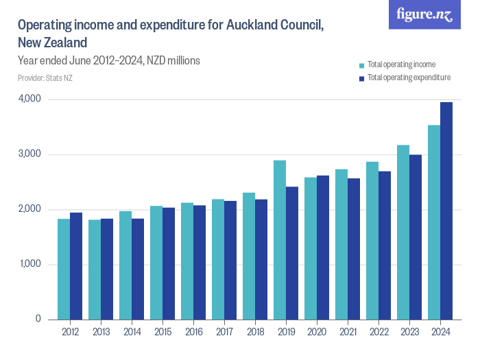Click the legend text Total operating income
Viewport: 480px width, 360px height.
click(401, 65)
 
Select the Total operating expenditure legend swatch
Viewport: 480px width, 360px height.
click(361, 78)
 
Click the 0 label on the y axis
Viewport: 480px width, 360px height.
click(38, 319)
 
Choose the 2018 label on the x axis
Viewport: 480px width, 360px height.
click(255, 333)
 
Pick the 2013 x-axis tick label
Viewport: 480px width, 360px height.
click(101, 333)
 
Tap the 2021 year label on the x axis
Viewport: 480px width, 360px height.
click(348, 333)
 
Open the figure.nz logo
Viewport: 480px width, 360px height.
click(424, 14)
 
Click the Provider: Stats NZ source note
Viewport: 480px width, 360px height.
click(45, 78)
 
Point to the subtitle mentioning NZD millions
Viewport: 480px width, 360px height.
click(109, 60)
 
